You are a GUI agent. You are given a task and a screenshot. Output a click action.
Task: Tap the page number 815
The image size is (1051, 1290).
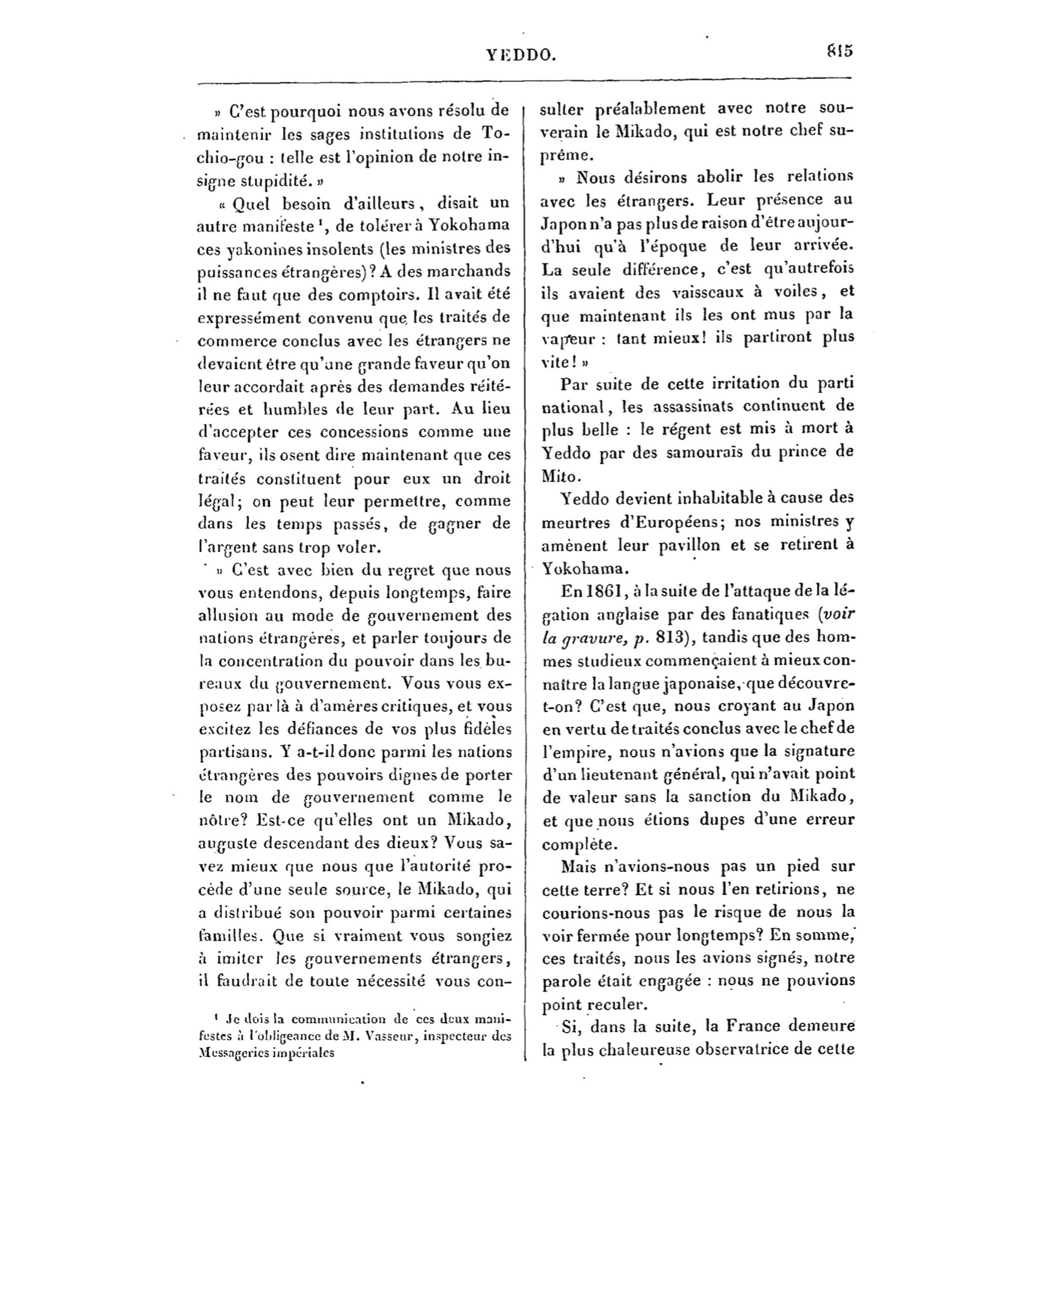tap(838, 51)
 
